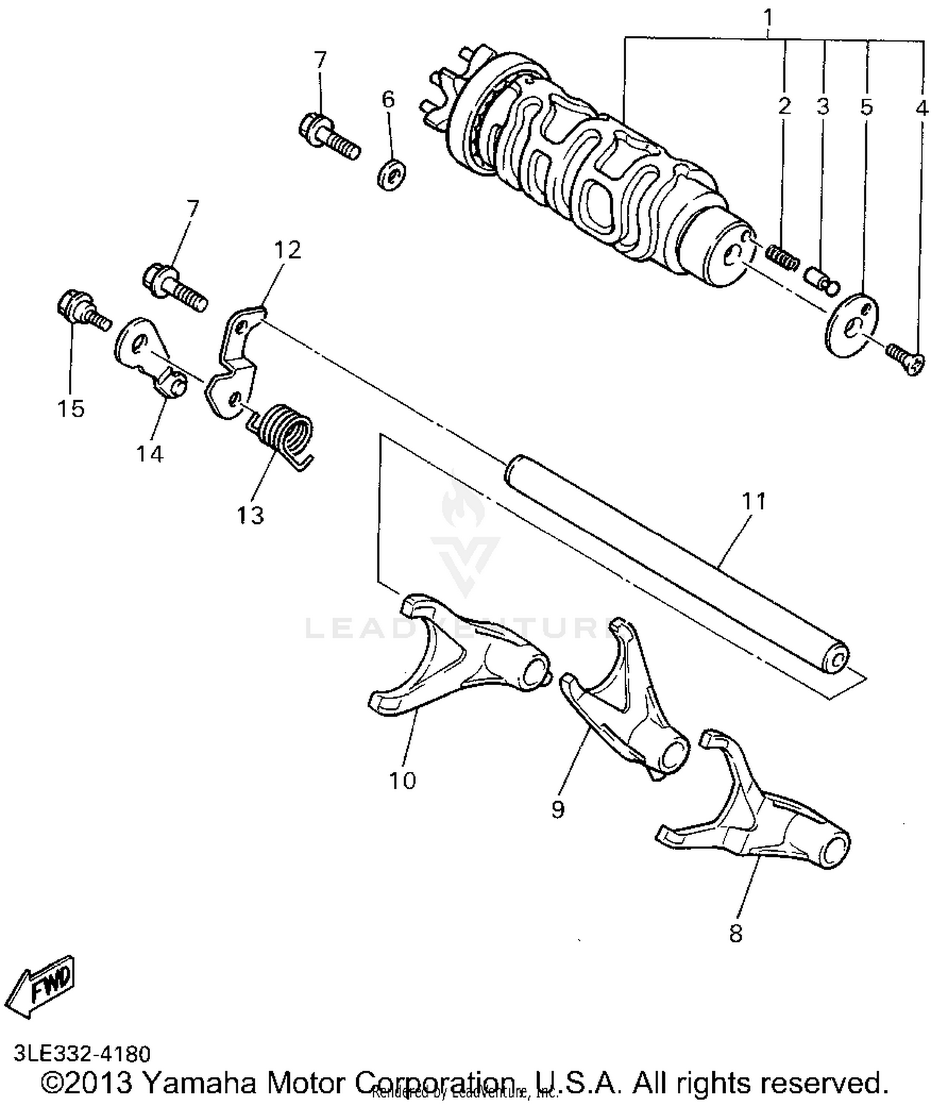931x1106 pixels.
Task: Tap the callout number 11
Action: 754,501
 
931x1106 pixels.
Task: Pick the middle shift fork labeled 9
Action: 627,702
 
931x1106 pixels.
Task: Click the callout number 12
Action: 287,249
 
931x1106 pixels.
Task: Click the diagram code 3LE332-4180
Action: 81,1054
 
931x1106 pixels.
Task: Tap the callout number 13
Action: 250,514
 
